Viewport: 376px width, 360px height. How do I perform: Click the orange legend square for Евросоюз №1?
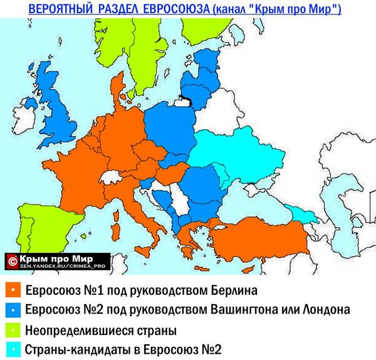[13, 291]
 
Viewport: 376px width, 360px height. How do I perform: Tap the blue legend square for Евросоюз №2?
[13, 310]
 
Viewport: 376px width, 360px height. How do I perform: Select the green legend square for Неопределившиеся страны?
[13, 329]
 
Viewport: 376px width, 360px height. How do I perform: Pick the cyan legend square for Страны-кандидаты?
[13, 349]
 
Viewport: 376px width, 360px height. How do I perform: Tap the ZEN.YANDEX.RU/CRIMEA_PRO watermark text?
[60, 265]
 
